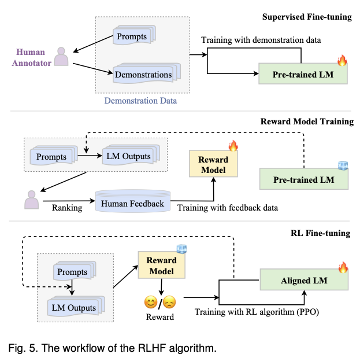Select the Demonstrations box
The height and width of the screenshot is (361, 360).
143,74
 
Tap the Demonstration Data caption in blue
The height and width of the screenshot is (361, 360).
140,101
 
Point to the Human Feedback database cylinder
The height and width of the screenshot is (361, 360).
132,203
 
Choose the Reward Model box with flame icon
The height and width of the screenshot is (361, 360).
213,164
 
